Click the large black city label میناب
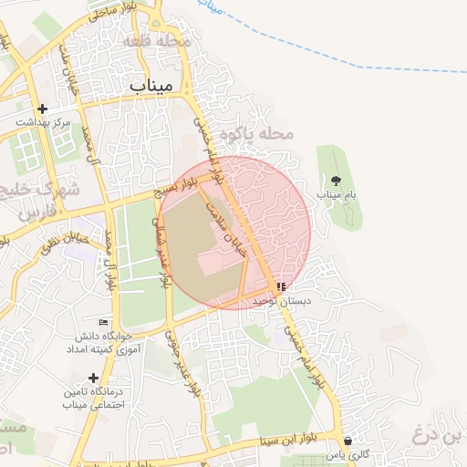coord(150,85)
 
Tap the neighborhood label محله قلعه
coord(172,41)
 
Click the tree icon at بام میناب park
coord(336,180)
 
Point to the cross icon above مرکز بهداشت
coord(42,108)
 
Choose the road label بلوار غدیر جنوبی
coord(180,362)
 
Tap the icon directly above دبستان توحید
coord(280,286)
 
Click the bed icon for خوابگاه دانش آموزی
coord(103,322)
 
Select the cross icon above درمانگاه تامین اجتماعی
coord(93,378)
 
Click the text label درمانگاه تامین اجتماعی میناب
coord(87,398)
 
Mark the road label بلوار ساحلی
coord(114,10)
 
